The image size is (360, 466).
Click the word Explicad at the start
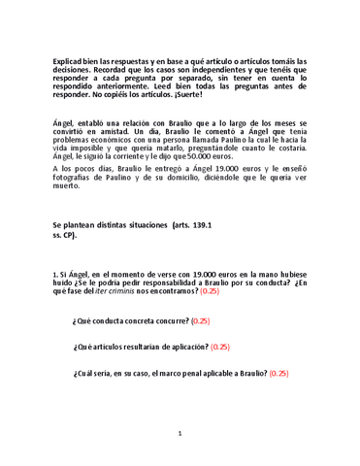click(x=69, y=60)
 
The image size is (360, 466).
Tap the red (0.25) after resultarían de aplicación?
click(x=219, y=346)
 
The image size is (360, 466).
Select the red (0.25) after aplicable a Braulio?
click(x=279, y=372)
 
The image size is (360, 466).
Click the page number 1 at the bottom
click(x=180, y=434)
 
